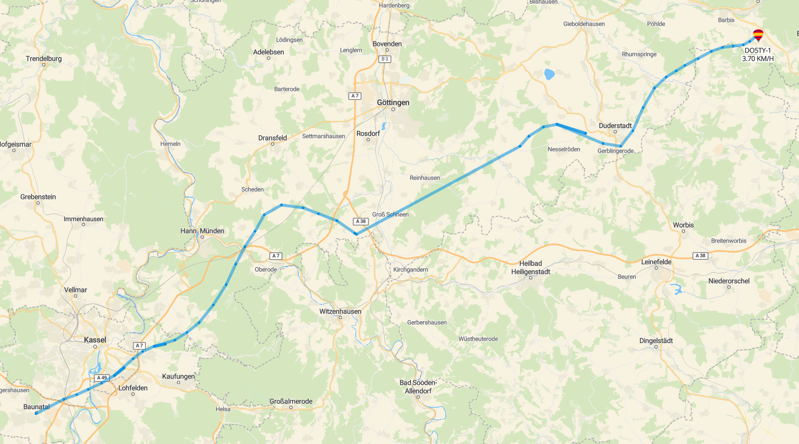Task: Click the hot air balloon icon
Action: (758, 35)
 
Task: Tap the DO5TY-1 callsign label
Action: (757, 50)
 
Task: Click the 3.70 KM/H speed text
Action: (757, 59)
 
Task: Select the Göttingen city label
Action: (393, 102)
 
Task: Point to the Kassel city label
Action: (95, 340)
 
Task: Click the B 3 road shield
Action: (385, 59)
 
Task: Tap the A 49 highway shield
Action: (102, 377)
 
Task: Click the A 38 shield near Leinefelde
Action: (700, 256)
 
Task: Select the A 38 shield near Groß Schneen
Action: (361, 221)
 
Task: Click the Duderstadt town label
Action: (615, 126)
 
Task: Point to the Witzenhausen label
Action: (340, 311)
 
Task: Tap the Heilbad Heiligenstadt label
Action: (530, 267)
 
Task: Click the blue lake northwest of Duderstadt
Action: (549, 74)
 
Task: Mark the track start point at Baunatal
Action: (36, 413)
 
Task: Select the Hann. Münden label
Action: (202, 231)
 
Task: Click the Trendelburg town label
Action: (44, 59)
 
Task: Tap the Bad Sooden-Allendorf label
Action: (418, 387)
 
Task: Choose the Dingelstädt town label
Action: (656, 341)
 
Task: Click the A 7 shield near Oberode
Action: (276, 256)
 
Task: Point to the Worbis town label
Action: (683, 225)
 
